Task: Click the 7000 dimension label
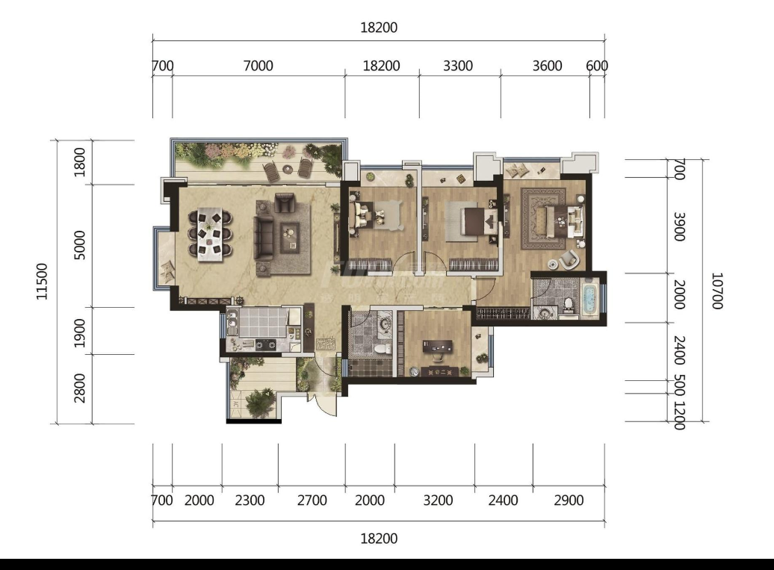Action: (x=258, y=66)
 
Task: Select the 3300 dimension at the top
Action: (x=457, y=66)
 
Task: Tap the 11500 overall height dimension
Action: (x=43, y=282)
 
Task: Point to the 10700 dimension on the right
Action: (x=716, y=291)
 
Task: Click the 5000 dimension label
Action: (x=79, y=245)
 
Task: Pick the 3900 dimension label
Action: (x=680, y=227)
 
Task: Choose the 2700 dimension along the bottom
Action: (x=312, y=501)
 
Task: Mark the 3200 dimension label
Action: (x=438, y=501)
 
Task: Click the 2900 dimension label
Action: (x=569, y=501)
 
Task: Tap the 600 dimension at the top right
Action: (x=597, y=66)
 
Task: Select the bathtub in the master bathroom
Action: (x=590, y=298)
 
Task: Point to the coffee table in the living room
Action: (x=290, y=236)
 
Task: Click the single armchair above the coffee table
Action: (x=284, y=203)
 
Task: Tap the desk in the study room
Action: (x=437, y=347)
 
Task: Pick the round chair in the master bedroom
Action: (x=568, y=259)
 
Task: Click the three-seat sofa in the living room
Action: (x=263, y=238)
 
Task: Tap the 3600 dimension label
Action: (x=547, y=66)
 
